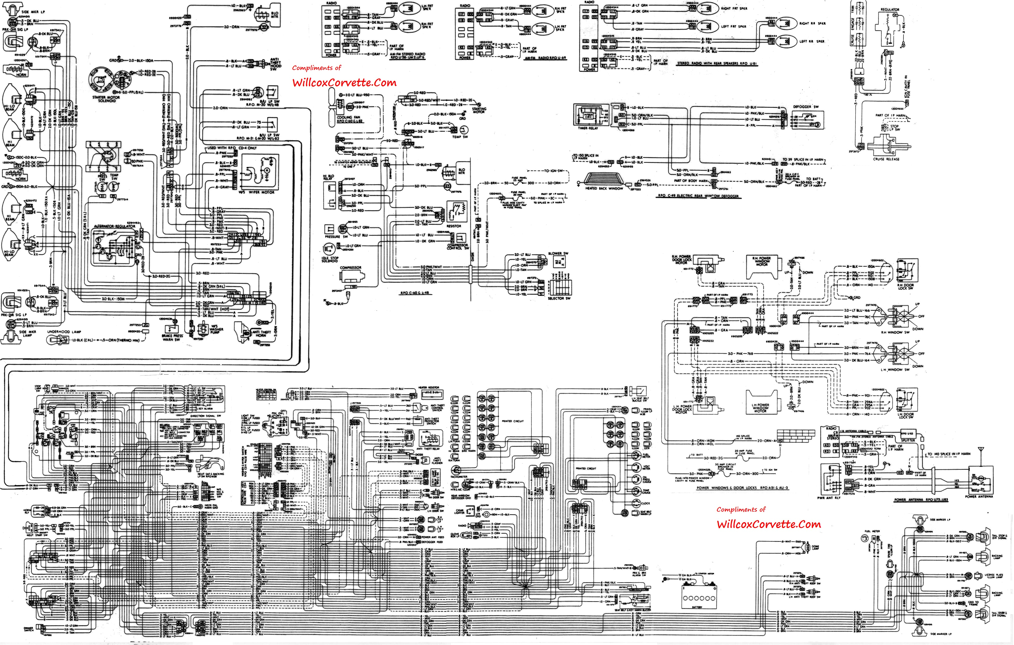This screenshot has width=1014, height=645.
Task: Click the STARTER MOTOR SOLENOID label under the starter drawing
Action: click(106, 99)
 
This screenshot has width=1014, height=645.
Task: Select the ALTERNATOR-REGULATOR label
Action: click(115, 226)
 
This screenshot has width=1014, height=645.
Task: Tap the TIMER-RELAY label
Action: click(587, 128)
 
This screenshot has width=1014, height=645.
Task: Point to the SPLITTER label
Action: click(908, 440)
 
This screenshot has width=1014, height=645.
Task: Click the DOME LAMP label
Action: click(816, 547)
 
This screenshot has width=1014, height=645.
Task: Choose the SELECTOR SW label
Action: click(559, 298)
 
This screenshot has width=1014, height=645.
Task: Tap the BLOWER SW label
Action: click(558, 254)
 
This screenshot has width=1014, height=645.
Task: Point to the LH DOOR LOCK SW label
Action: click(905, 416)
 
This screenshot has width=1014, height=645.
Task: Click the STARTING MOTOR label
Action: click(479, 110)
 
